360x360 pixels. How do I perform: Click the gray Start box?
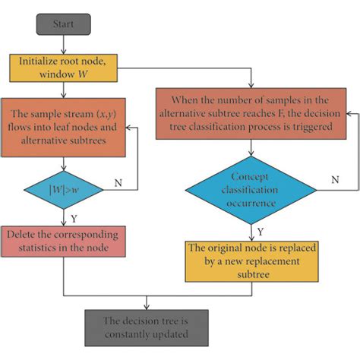coord(64,24)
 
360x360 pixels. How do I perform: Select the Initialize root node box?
coord(64,68)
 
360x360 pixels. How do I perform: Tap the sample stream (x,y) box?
coord(64,128)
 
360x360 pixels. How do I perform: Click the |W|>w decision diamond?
coord(64,190)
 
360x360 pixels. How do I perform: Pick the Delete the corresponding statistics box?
coord(64,242)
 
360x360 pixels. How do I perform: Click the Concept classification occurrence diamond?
coord(251,190)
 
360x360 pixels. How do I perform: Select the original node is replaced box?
coord(252,261)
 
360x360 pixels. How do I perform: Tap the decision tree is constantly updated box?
coord(147,328)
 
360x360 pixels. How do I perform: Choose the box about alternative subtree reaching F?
coord(251,114)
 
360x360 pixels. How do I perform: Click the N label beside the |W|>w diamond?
coord(118,182)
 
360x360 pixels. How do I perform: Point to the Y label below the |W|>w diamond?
coord(74,219)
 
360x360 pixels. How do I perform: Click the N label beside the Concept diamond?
coord(335,180)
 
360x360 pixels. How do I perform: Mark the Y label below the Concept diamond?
coord(261,232)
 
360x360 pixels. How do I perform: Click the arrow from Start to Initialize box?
coord(64,45)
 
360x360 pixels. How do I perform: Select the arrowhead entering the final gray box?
coord(147,307)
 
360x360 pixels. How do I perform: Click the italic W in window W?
coord(83,74)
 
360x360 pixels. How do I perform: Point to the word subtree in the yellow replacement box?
coord(253,274)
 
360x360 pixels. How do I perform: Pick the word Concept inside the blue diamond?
coord(250,177)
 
